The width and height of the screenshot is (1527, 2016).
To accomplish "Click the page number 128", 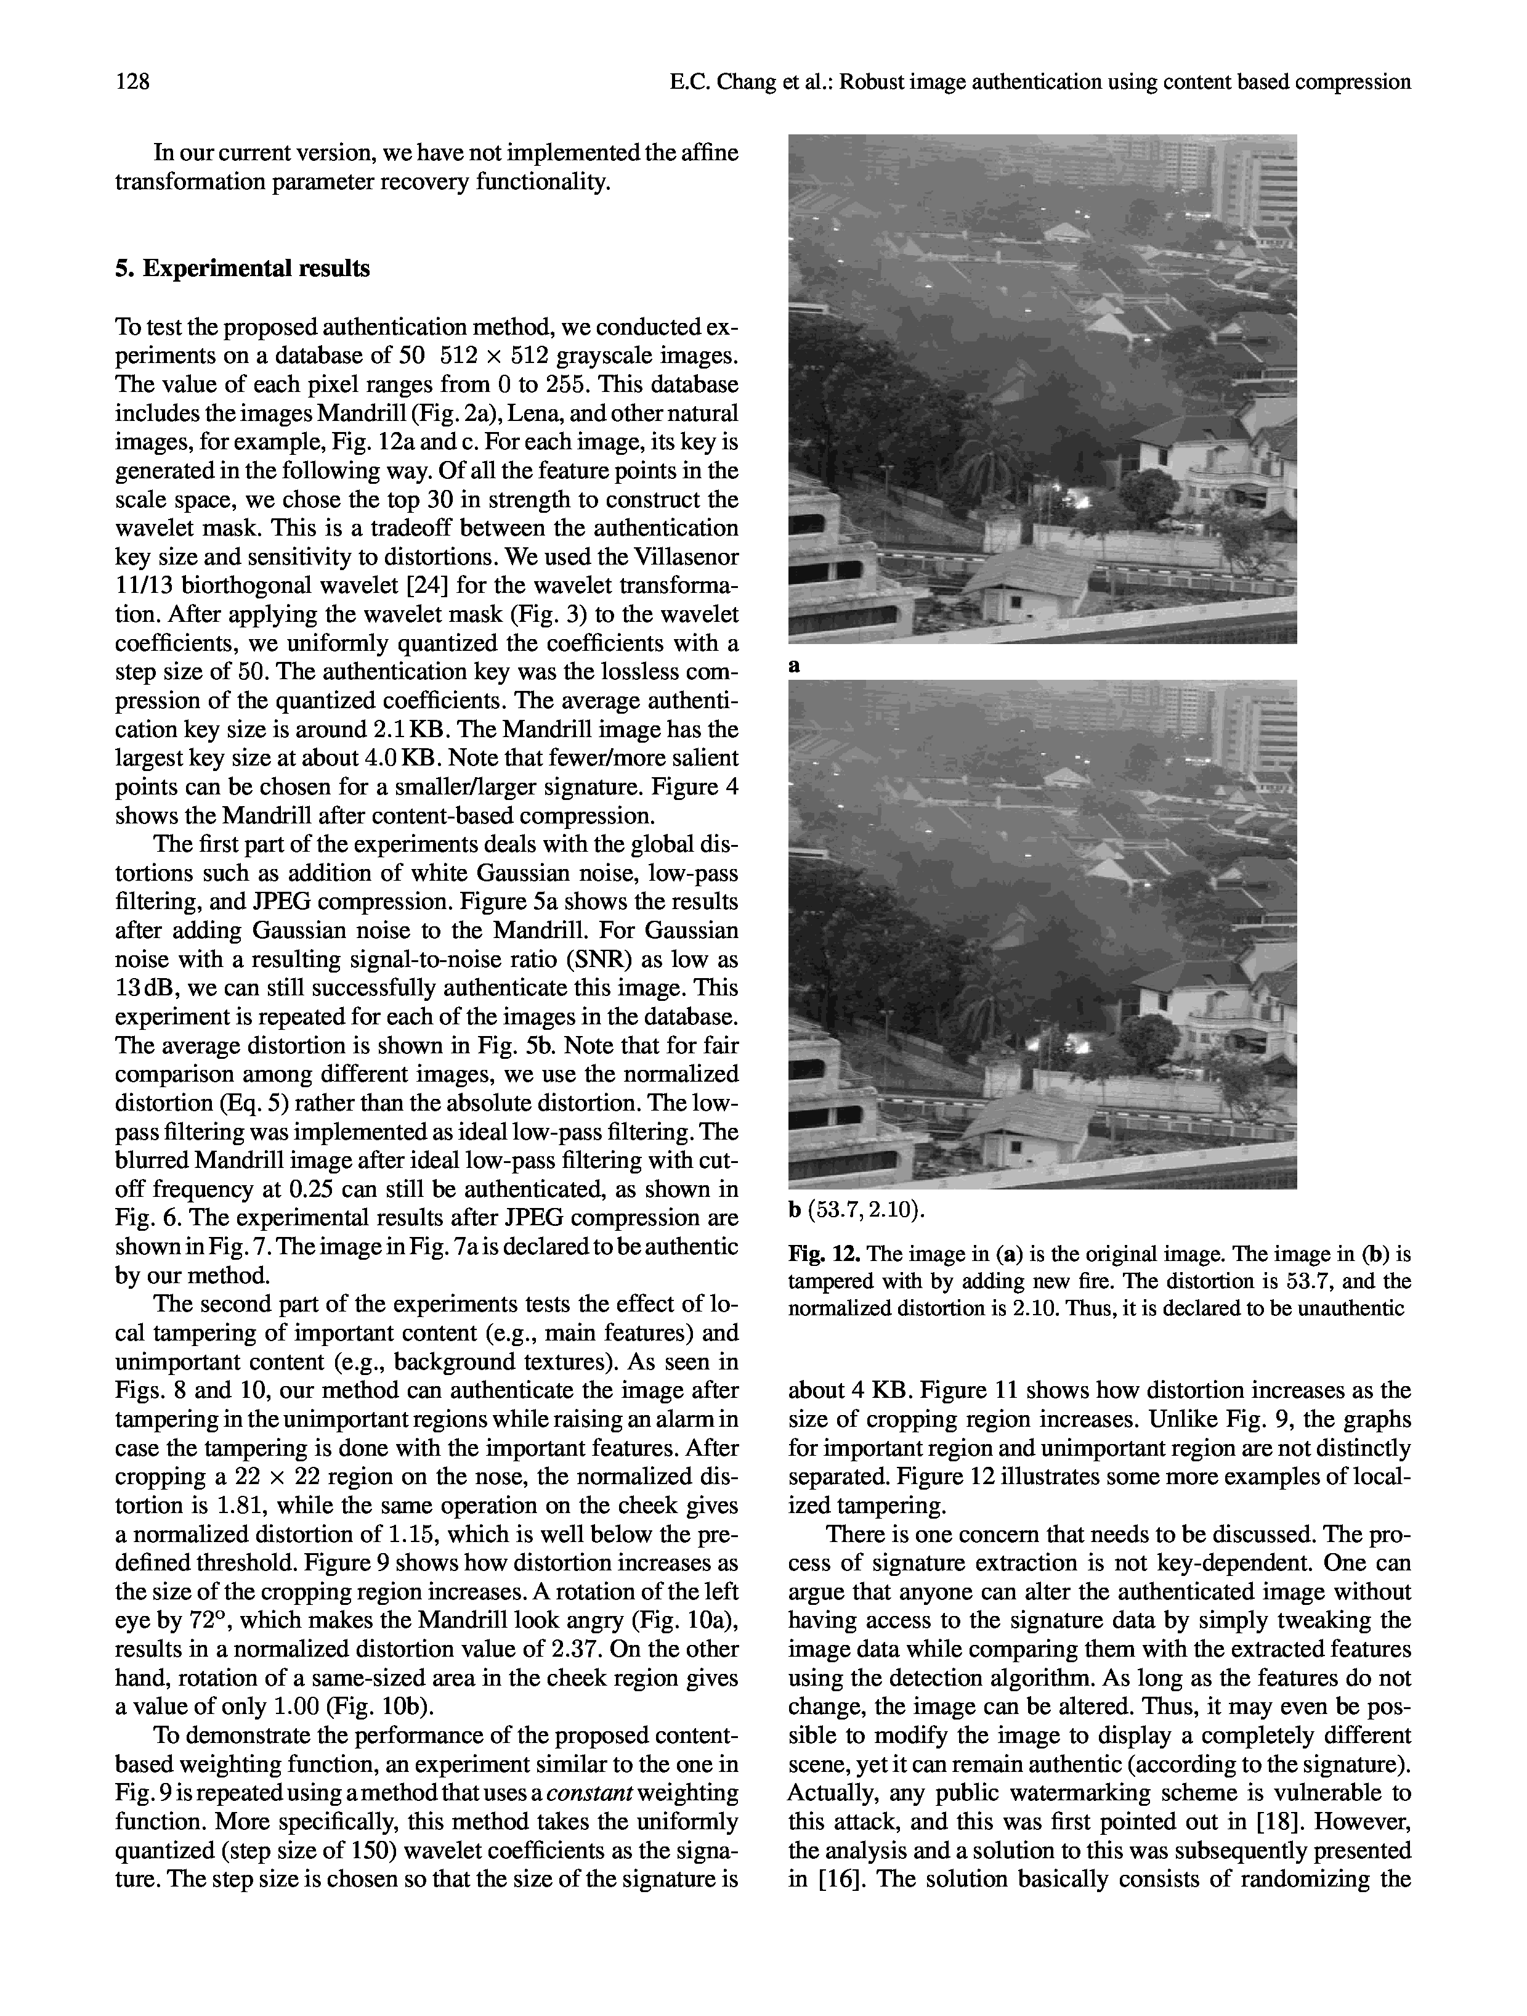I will click(132, 83).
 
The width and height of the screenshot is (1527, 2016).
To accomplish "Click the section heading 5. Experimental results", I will click(242, 269).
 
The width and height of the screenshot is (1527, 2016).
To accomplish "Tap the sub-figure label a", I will click(795, 666).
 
